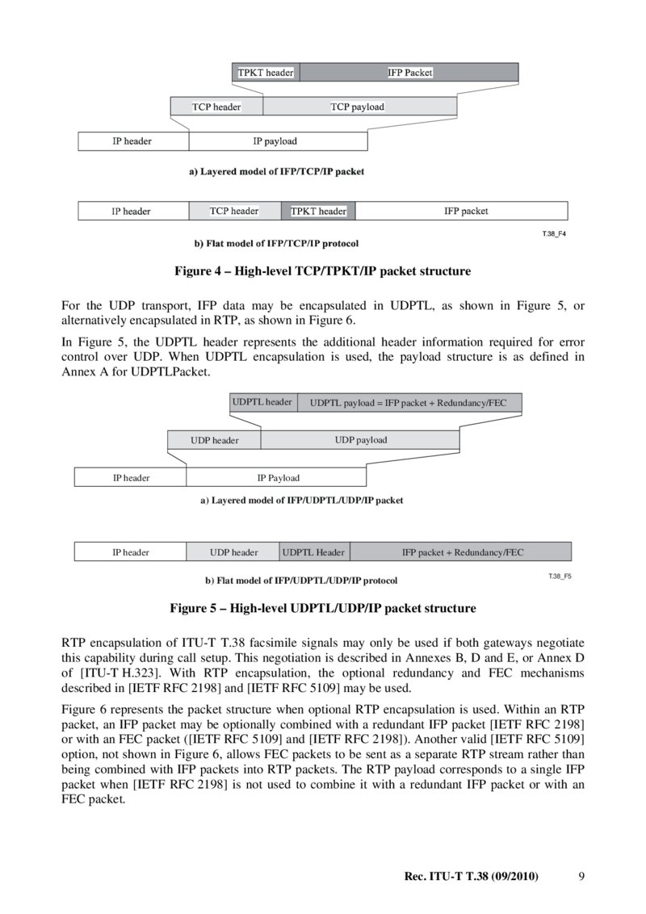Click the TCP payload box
coord(359,107)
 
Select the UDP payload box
coord(360,440)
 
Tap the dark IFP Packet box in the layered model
coord(409,73)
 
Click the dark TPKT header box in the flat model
coord(318,212)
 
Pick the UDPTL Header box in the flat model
coord(313,552)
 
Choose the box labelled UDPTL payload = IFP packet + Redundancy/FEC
coord(409,402)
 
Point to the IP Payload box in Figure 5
coord(277,477)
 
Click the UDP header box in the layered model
coord(214,440)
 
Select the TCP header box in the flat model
coord(234,212)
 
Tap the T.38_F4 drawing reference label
coord(553,234)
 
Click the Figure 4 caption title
coord(322,271)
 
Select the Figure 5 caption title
coord(322,608)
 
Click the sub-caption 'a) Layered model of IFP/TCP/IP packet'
coord(276,171)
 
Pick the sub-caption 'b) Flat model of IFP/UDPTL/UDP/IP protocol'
coord(300,580)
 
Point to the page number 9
coord(582,876)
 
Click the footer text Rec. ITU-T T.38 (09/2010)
coord(471,876)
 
